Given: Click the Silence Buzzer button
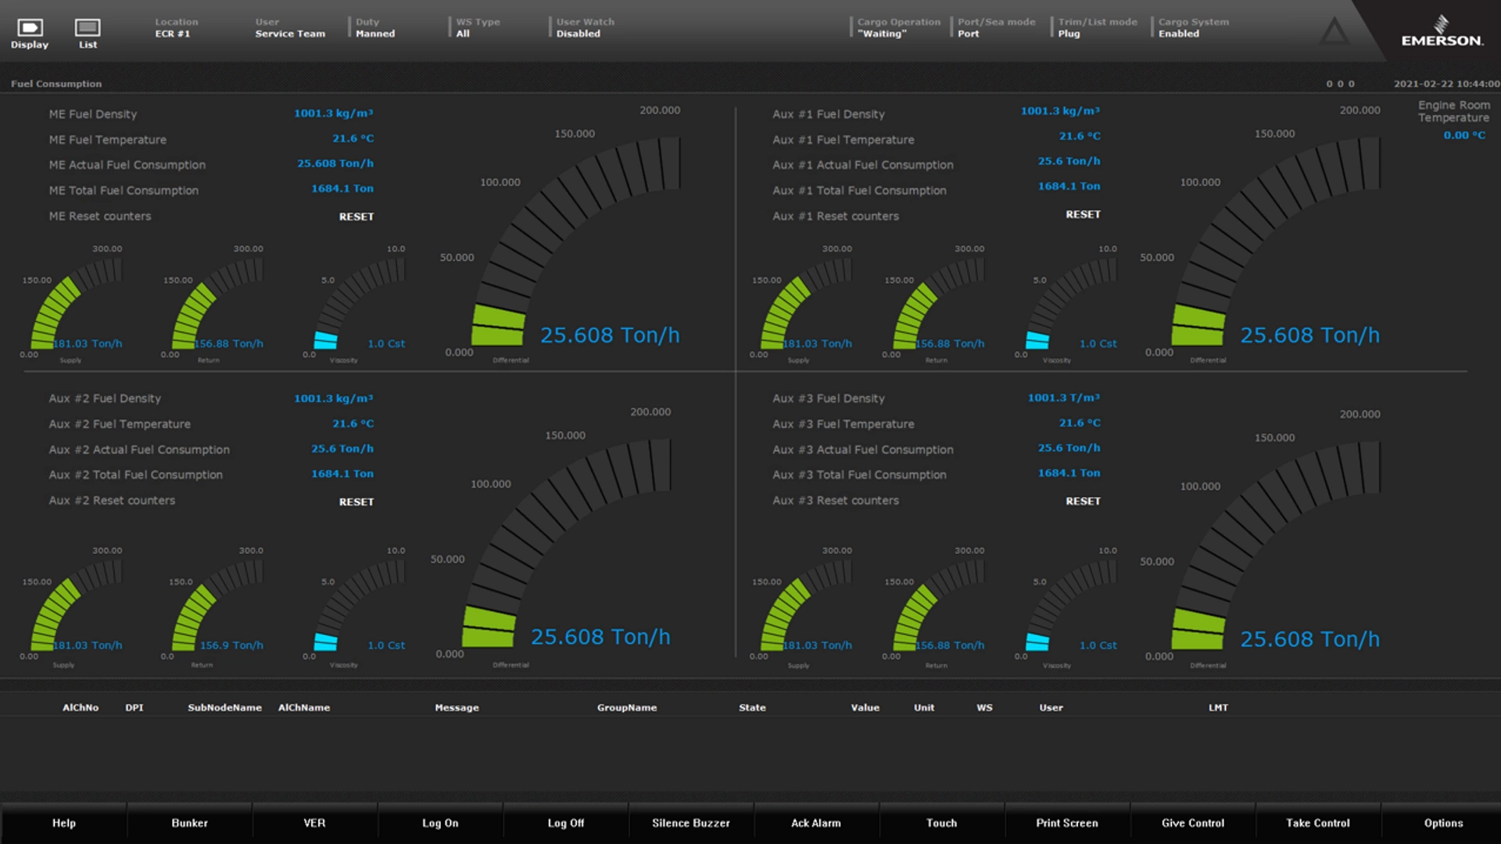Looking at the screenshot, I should coord(691,823).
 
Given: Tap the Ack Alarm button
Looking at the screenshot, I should coord(816,823).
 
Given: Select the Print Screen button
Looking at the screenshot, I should coord(1067,823).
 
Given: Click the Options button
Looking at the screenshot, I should coord(1443,823).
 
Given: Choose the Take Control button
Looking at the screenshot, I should coord(1318,823).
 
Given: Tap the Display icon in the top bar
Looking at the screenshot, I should coord(30,31).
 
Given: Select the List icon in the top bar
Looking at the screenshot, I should coord(88,31).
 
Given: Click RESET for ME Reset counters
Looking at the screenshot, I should coord(356,216).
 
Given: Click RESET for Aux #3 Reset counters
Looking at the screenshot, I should coord(1083,501).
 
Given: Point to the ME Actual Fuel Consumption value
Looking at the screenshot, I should coord(335,163).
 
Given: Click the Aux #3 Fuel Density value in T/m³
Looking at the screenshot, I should coord(1063,398).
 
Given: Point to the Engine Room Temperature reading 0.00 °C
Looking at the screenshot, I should coord(1463,135).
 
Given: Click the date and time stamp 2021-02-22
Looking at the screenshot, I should coord(1446,84).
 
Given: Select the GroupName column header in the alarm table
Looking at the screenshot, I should coord(627,707).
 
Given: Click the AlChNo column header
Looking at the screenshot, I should coord(81,707).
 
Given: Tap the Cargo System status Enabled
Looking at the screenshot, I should coord(1179,34).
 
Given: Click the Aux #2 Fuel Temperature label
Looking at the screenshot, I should coord(120,424).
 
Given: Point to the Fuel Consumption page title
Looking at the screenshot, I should coord(56,84).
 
